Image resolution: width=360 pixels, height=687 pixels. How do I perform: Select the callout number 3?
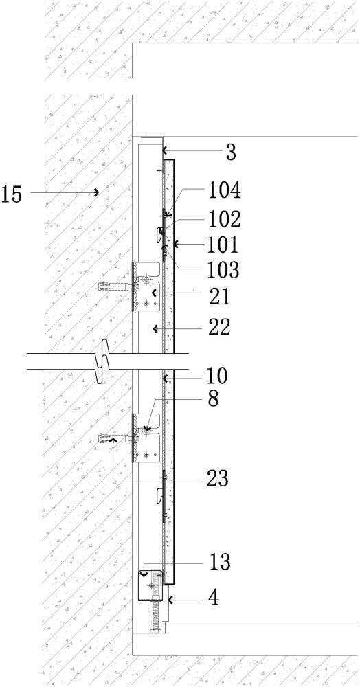(231, 152)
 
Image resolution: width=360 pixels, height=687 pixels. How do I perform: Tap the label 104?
(224, 191)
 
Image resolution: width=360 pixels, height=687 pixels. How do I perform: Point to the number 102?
(224, 218)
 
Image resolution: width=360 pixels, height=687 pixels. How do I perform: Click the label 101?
(223, 245)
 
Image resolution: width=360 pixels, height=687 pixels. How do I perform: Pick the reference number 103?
(224, 270)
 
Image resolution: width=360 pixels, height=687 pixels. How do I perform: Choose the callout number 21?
(219, 297)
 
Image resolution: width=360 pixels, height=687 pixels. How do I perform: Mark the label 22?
(219, 327)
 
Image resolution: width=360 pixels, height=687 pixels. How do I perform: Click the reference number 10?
(218, 376)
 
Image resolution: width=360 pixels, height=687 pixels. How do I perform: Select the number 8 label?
(213, 400)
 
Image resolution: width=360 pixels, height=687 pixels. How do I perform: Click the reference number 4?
(214, 599)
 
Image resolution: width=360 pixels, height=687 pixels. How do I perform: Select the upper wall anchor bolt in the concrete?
(116, 287)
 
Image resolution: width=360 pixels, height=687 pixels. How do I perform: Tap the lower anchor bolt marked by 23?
(116, 438)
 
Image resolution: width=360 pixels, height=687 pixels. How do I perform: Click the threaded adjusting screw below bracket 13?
(155, 618)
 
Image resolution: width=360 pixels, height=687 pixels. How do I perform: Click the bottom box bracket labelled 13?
(150, 585)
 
